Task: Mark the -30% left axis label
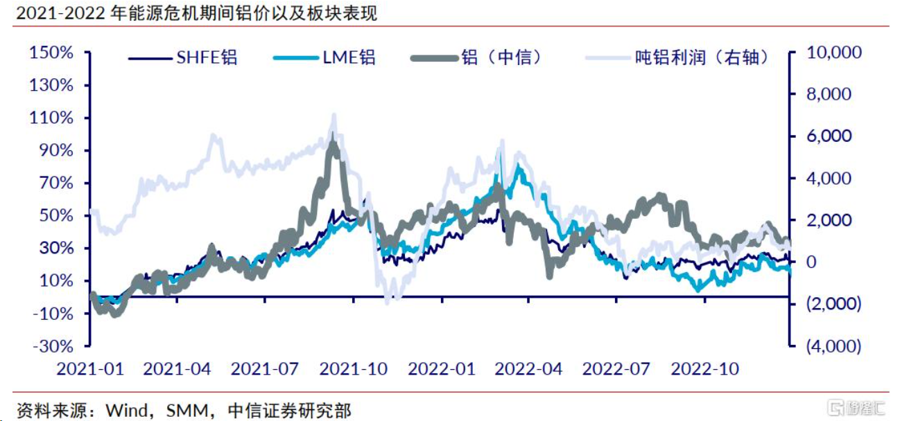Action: [x=53, y=346]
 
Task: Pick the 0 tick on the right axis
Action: [x=808, y=262]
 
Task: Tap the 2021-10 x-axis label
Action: [x=354, y=368]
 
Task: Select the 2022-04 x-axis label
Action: [x=529, y=368]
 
